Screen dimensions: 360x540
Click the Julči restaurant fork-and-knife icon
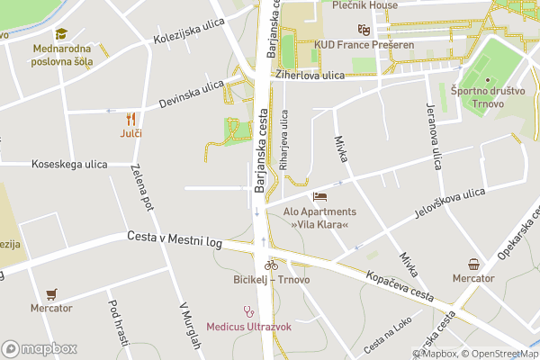[131, 118]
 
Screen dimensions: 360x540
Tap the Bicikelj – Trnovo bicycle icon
[271, 265]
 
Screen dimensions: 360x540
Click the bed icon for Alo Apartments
[319, 196]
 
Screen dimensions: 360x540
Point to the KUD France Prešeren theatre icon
[363, 30]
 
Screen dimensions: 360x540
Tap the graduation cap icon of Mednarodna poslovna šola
[61, 33]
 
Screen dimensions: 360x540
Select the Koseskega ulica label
[69, 164]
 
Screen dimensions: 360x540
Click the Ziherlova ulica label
[310, 76]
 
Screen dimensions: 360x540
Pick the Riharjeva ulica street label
[284, 140]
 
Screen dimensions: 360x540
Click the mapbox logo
[40, 348]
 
